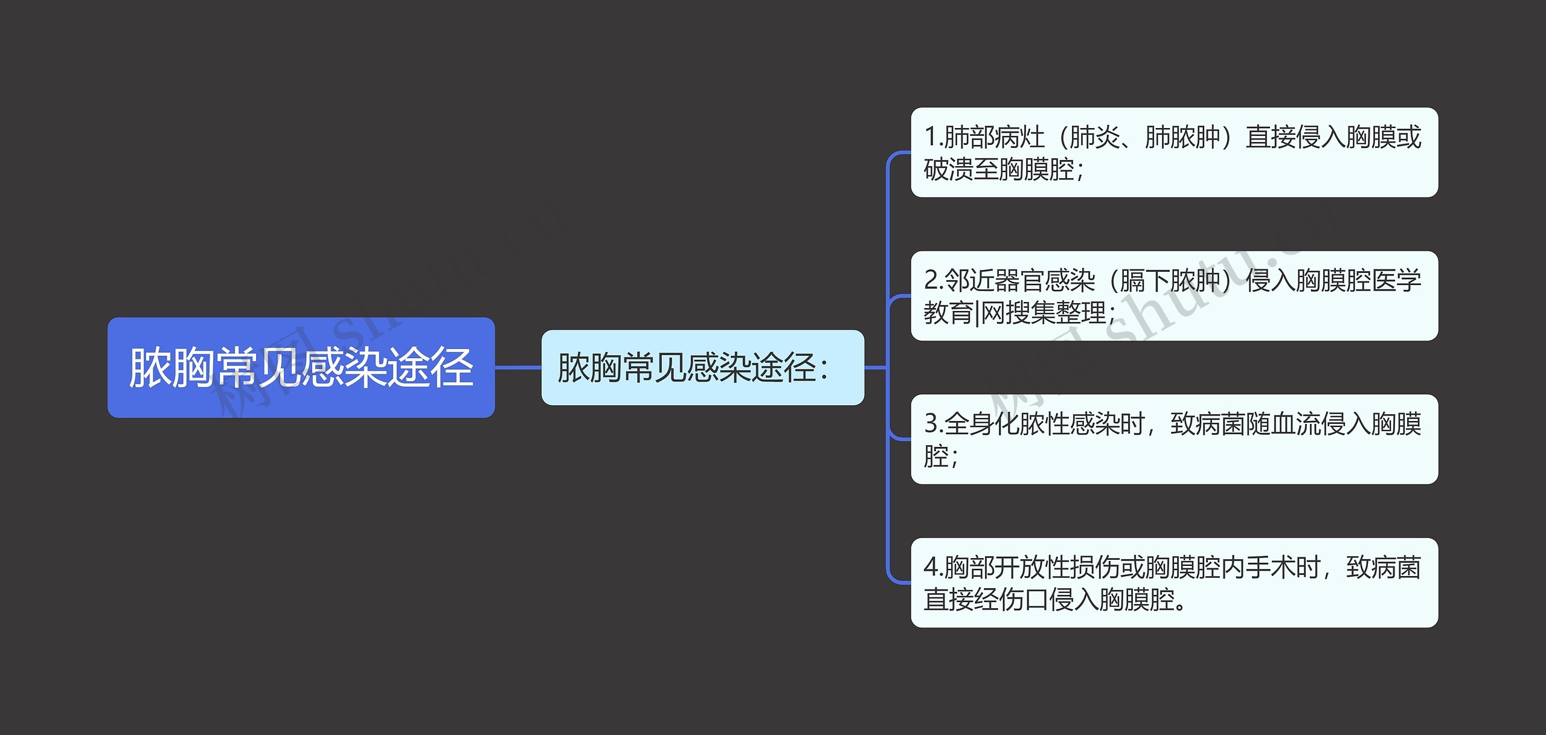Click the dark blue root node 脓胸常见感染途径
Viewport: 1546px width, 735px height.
coord(301,367)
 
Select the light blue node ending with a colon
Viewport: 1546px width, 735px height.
coord(702,367)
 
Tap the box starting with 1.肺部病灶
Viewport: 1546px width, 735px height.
coord(1173,152)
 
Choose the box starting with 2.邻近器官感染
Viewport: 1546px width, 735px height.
coord(1173,296)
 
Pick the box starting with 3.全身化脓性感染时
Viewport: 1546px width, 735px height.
coord(1173,439)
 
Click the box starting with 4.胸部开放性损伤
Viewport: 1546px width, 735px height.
coord(1173,582)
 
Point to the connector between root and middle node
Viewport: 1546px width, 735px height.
coord(518,367)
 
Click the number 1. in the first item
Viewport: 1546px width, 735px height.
coord(933,137)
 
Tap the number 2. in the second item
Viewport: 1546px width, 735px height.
coord(933,281)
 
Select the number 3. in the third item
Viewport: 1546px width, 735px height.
coord(933,424)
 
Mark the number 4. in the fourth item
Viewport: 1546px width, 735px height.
coord(933,568)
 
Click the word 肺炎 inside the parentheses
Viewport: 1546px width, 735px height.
coord(1094,137)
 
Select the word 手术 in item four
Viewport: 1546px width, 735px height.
coord(1271,568)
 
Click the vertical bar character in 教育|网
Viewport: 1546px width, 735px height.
coord(977,313)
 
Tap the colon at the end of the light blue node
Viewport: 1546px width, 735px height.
coord(824,368)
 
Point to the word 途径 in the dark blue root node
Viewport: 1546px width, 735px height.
coord(429,367)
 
